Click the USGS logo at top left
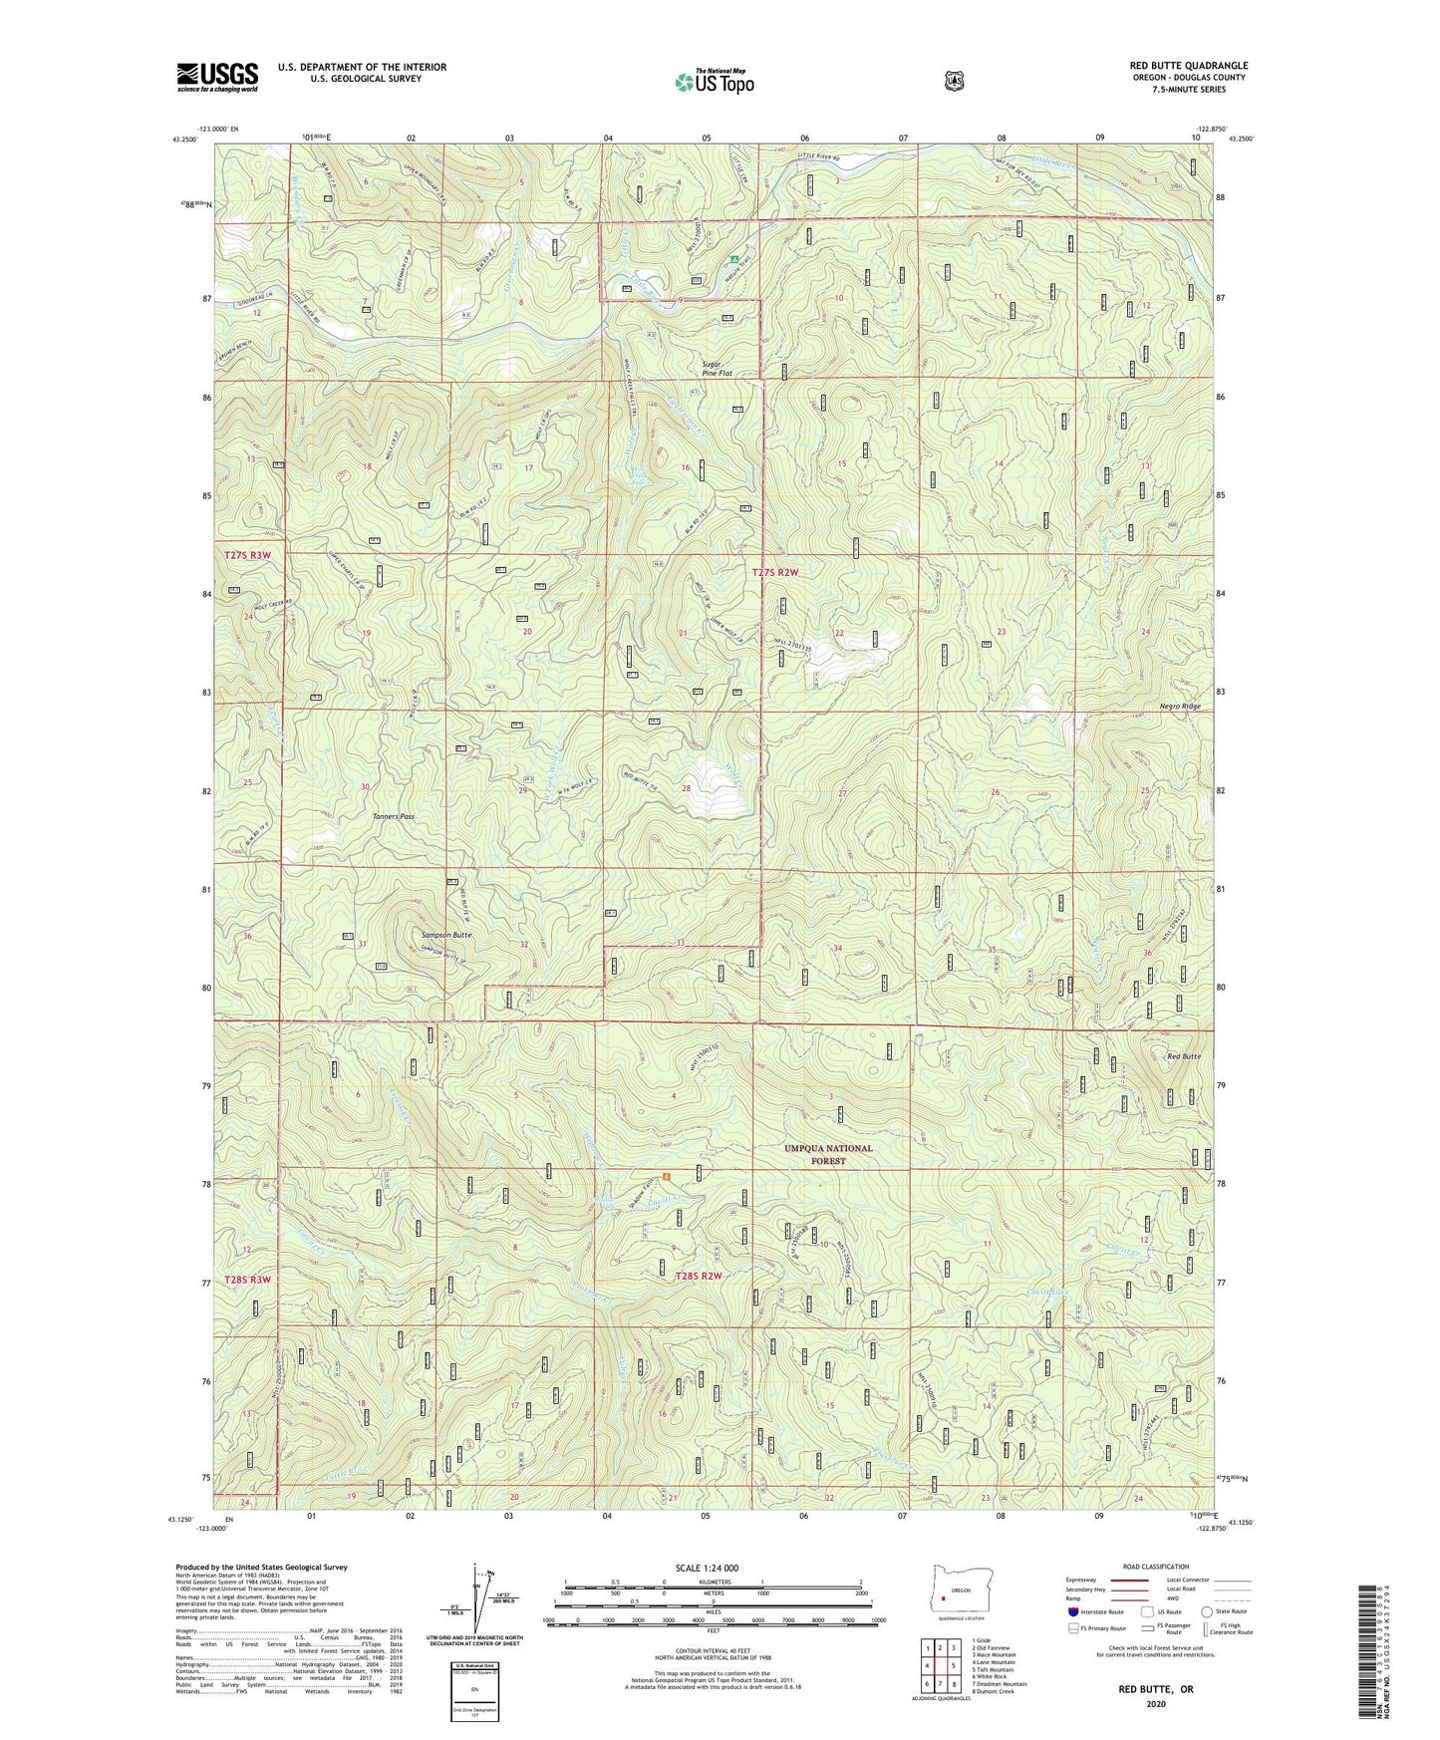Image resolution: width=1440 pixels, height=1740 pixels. (x=217, y=77)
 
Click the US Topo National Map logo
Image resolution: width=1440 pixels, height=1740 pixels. (x=714, y=81)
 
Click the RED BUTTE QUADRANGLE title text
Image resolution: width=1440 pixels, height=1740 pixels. (x=1183, y=66)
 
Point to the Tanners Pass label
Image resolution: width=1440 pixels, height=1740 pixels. (x=393, y=816)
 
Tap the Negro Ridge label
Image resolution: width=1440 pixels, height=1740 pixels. (x=1180, y=706)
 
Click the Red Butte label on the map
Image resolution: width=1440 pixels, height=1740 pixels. (x=1184, y=1056)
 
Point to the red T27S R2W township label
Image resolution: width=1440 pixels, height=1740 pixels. (x=775, y=572)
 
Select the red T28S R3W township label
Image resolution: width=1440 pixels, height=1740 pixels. (x=247, y=1279)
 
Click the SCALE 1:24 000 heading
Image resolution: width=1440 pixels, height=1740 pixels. (x=707, y=1568)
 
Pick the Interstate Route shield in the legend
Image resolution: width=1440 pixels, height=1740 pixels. (x=1072, y=1611)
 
